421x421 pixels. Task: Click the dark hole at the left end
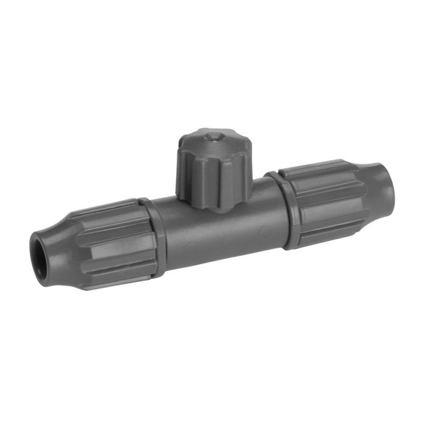(x=40, y=246)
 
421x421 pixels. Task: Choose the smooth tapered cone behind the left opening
(x=58, y=244)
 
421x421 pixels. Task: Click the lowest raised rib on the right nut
(x=333, y=235)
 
